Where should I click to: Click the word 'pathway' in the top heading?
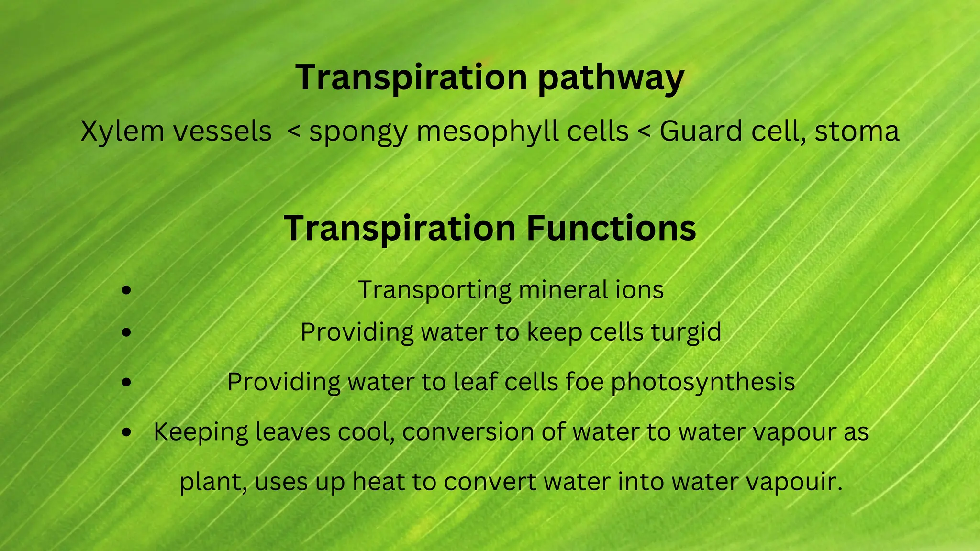611,78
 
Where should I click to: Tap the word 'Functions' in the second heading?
611,229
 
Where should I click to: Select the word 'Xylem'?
122,131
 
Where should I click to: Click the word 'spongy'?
358,132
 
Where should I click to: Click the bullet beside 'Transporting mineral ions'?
126,290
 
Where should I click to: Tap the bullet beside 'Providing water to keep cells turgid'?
126,332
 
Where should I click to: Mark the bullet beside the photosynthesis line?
126,382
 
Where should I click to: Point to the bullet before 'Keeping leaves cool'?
126,432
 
